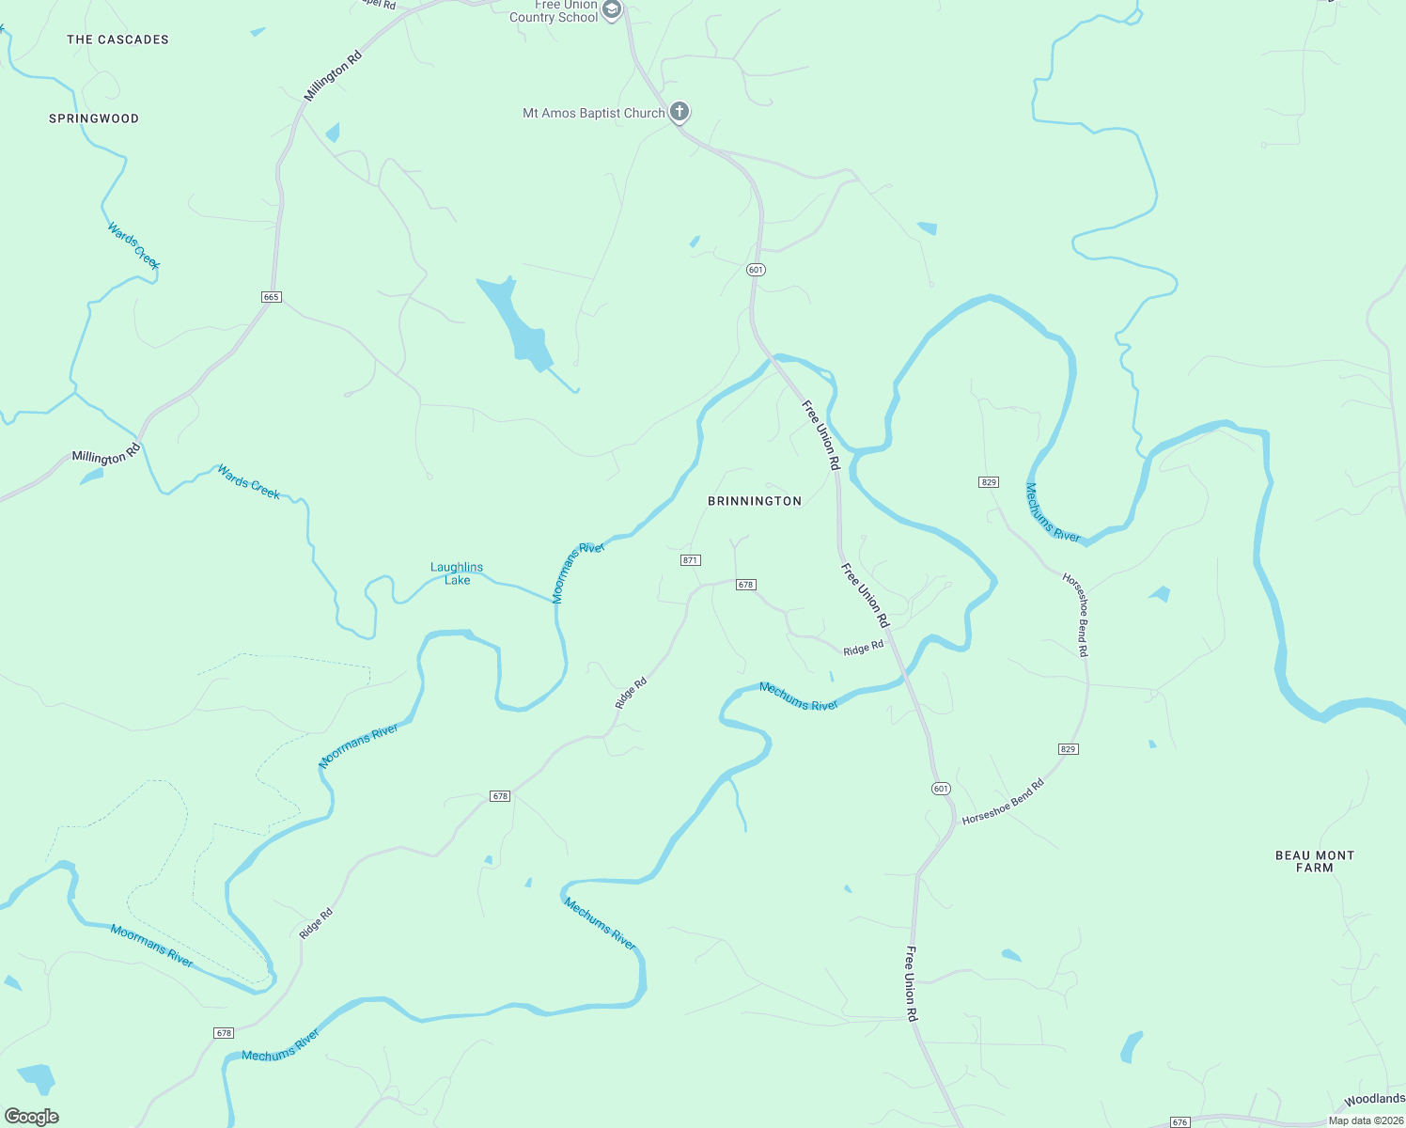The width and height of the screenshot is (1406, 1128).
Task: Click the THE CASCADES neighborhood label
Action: [117, 39]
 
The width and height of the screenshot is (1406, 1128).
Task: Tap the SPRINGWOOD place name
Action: [94, 118]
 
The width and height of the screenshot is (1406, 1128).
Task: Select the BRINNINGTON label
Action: [755, 501]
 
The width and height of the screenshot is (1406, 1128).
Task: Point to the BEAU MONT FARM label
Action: [1314, 861]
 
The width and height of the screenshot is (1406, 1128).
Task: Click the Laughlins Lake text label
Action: [457, 573]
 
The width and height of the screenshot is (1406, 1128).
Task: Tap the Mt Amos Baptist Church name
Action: [593, 113]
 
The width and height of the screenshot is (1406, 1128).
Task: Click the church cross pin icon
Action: [680, 112]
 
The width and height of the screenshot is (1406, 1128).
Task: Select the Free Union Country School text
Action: [554, 11]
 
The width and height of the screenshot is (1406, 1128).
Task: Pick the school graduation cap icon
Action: [612, 10]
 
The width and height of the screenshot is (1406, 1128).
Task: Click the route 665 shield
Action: [271, 297]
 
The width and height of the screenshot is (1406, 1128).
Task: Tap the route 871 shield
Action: [690, 560]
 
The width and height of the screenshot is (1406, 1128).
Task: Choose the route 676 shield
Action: [1180, 1122]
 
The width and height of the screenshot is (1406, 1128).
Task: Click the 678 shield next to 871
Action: [745, 585]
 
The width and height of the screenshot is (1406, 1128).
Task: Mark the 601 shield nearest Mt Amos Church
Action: [757, 270]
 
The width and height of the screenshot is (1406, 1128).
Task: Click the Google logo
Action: [32, 1117]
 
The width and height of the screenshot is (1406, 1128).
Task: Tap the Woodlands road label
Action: [1374, 1099]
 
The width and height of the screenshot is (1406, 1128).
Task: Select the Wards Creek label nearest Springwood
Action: [133, 244]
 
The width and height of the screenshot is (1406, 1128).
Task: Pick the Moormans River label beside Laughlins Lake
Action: [577, 572]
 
